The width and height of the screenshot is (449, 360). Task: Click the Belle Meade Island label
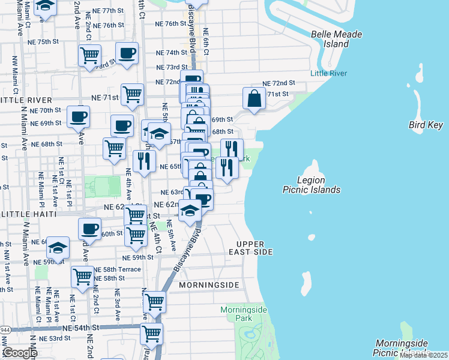coord(336,39)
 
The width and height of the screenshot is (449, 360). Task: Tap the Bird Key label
coord(425,125)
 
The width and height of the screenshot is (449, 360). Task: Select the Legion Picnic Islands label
coord(311,185)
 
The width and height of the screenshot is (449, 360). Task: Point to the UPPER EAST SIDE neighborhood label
coord(255,248)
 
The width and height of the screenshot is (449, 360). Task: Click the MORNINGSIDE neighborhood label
coord(209,284)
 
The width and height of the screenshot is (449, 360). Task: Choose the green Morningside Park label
coord(243,313)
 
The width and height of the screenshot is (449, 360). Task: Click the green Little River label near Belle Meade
coord(328,73)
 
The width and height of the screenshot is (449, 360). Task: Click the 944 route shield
coord(5,330)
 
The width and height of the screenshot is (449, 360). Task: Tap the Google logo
coord(20,352)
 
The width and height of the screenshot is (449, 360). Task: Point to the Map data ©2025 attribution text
coord(423,355)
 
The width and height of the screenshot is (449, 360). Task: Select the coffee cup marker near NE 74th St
coord(127,53)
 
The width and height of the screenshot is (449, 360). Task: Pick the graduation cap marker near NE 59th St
coord(58,247)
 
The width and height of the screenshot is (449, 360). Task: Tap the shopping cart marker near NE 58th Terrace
coord(82,276)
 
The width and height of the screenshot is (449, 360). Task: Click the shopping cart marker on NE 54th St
coord(151,332)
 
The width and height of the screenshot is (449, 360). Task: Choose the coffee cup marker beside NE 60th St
coord(90,228)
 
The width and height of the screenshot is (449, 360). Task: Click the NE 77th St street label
coord(104,11)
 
